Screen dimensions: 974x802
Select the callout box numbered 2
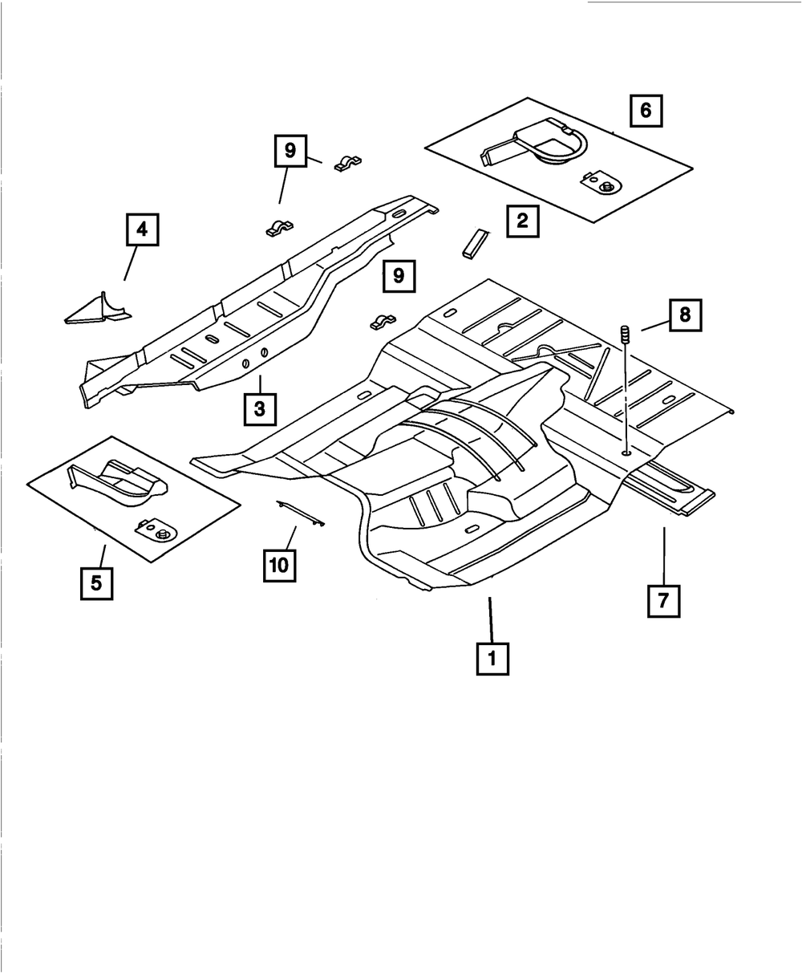(x=522, y=221)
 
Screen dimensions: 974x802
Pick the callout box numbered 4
(x=141, y=230)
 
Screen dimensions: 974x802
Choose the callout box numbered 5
(x=96, y=582)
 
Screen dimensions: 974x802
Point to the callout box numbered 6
(x=646, y=111)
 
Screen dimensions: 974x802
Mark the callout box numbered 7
(x=663, y=600)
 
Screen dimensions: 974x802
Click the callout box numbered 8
(x=684, y=315)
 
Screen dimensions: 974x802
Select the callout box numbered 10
(x=278, y=564)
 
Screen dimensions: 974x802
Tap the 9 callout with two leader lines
(x=290, y=151)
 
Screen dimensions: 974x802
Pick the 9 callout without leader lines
(x=399, y=277)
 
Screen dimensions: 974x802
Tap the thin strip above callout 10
(x=300, y=513)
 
